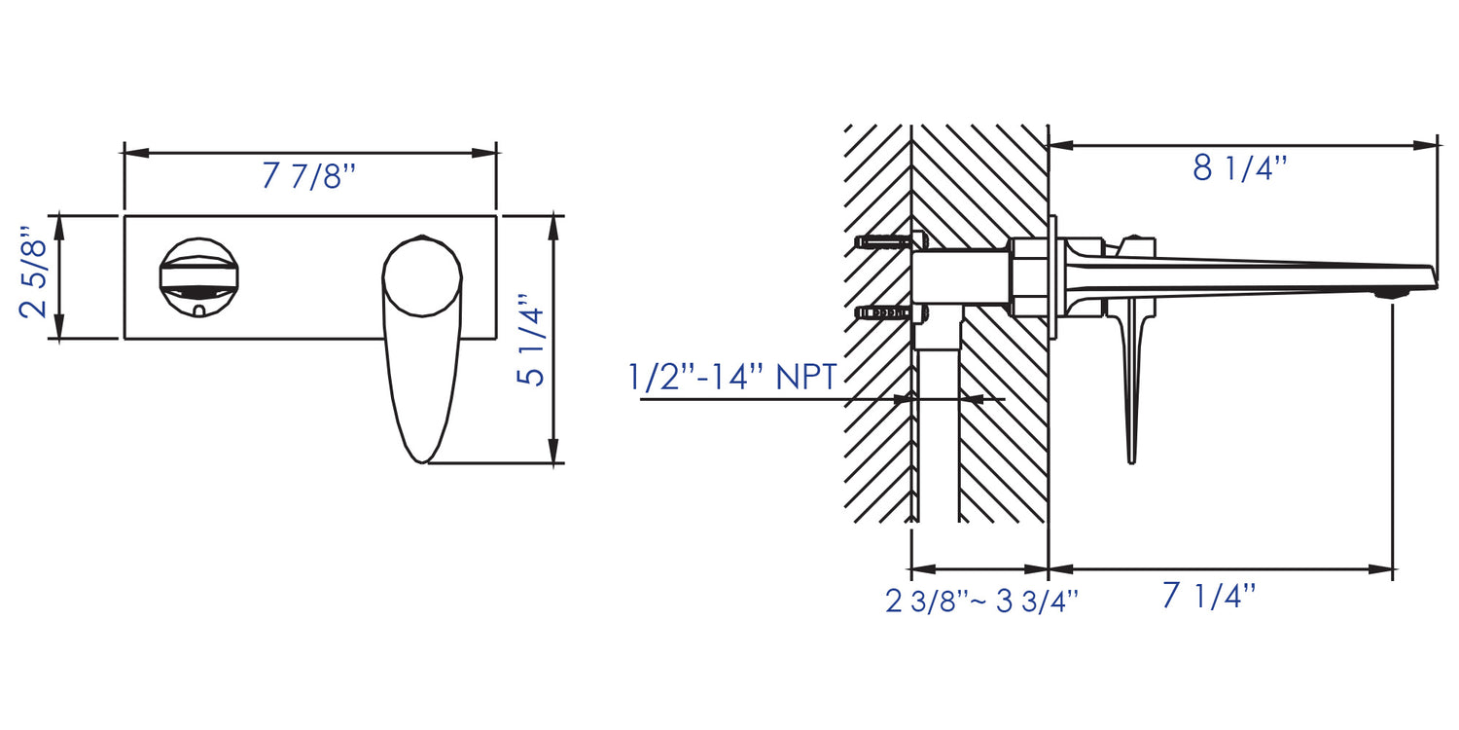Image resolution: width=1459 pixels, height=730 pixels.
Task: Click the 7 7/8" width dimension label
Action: [309, 176]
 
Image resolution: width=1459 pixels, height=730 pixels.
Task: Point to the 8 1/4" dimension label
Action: [1240, 168]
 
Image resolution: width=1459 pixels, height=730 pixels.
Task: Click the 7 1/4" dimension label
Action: [1209, 596]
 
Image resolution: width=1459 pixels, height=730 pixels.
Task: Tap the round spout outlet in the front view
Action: [198, 276]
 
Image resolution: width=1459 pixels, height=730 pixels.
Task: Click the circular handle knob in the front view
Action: [421, 276]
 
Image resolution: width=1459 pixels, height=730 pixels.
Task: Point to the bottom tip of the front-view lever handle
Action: [421, 457]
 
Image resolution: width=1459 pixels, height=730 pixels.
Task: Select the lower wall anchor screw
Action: [885, 312]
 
